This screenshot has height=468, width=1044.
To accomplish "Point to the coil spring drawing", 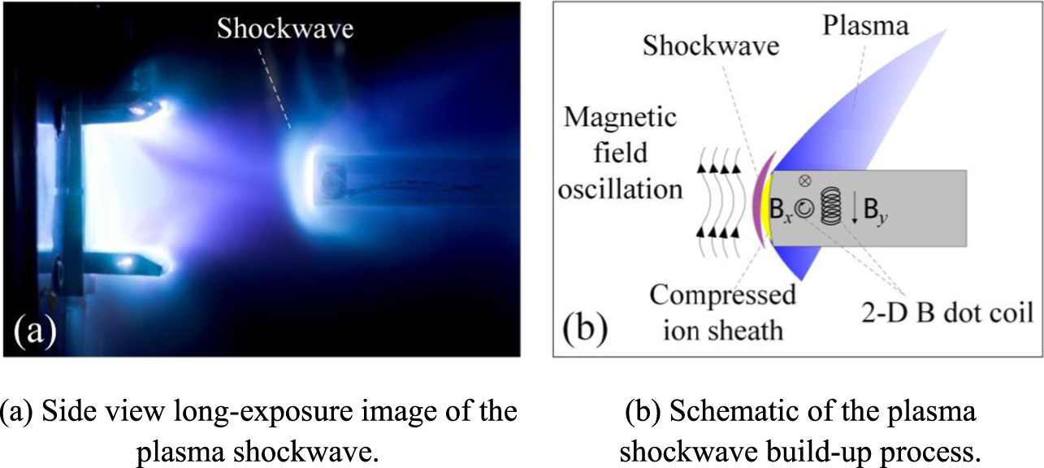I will click(x=830, y=206).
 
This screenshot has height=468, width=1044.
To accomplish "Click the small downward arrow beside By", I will click(x=856, y=210).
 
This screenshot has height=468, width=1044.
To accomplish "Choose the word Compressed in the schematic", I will click(x=721, y=294).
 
